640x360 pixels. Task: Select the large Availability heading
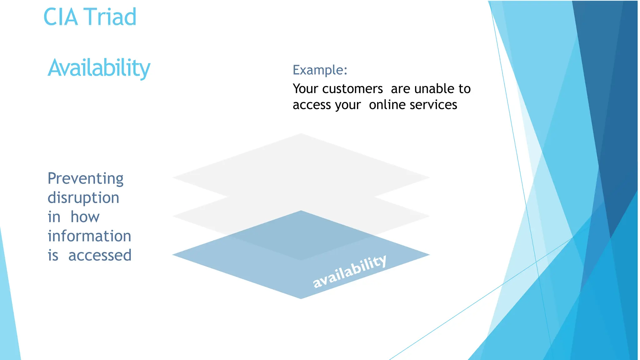tap(99, 68)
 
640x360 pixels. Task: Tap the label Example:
tap(320, 70)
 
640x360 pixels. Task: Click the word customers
tap(352, 89)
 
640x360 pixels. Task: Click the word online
tap(387, 105)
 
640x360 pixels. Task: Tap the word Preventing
tap(85, 179)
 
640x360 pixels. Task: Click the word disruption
tap(83, 198)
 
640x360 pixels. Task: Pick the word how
tap(85, 217)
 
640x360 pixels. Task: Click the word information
tap(89, 236)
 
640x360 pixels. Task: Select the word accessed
tap(100, 255)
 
